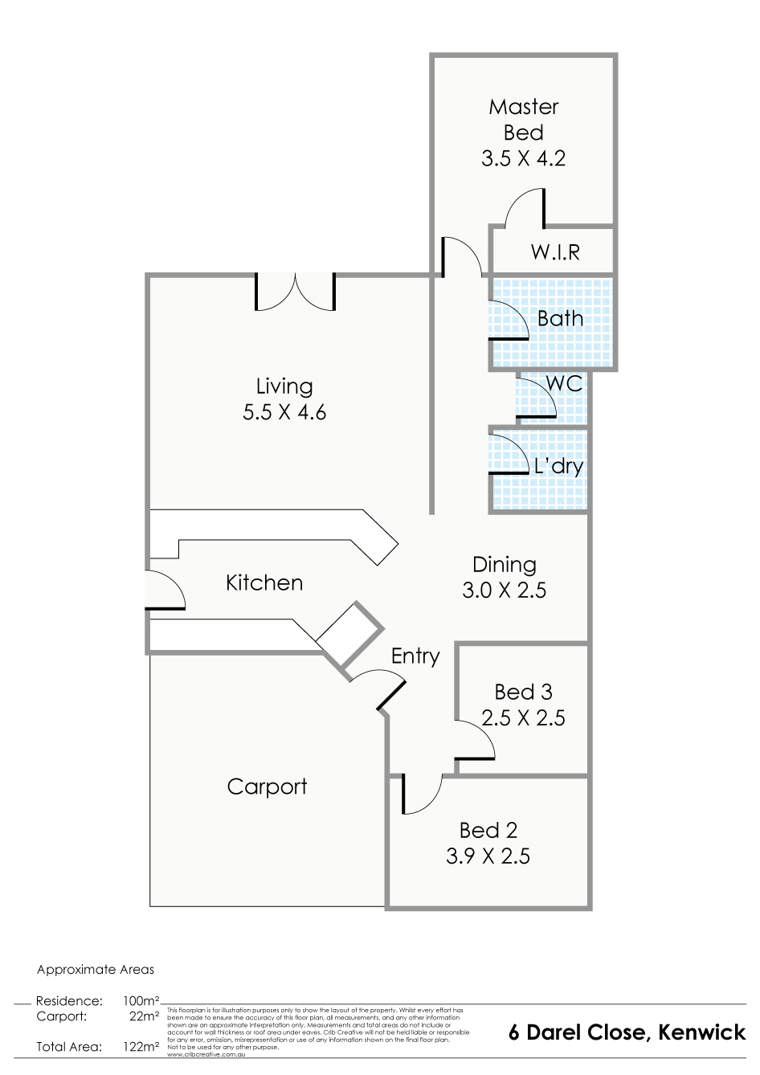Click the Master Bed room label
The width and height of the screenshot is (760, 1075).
[523, 120]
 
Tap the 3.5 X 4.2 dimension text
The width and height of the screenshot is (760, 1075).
[523, 158]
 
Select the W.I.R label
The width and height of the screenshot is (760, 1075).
[554, 252]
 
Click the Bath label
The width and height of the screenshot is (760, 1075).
[560, 319]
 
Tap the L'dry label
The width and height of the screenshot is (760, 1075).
[558, 466]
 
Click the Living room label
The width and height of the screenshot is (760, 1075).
[284, 386]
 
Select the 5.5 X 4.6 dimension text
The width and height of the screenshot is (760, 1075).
[284, 413]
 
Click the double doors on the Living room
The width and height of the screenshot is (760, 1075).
[295, 292]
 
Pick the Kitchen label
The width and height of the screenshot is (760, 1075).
[264, 583]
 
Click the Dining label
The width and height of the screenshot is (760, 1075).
[504, 565]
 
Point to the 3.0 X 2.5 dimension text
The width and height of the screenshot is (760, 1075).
[504, 591]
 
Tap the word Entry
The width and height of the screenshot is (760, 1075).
[415, 656]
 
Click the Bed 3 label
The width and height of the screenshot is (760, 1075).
[523, 692]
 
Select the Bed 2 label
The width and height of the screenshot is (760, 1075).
[488, 830]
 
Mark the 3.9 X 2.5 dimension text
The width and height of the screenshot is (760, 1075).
[488, 856]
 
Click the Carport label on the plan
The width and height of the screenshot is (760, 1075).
[267, 787]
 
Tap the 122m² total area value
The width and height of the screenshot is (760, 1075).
[141, 1047]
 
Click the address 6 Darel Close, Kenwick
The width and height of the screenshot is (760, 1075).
[627, 1032]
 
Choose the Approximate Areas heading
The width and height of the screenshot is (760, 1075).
[96, 970]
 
